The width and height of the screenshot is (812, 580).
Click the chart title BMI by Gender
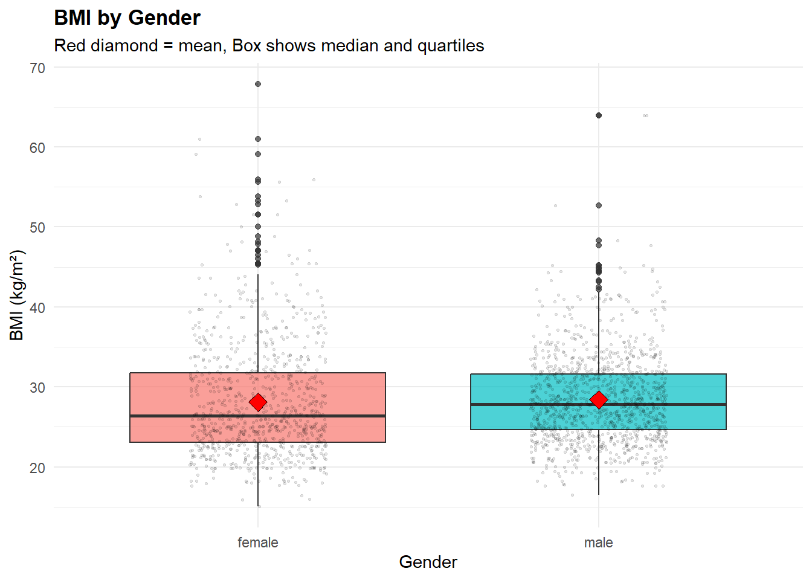click(127, 18)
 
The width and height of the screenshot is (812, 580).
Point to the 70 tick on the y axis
click(37, 68)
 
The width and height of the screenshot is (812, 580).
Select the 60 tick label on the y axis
click(37, 148)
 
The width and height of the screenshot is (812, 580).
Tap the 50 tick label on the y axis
click(37, 228)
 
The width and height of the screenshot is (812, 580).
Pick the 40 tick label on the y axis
click(37, 308)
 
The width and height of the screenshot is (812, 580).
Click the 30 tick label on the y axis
click(37, 387)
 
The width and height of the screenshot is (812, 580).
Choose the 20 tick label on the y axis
click(37, 468)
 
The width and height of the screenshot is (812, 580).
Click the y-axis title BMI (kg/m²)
click(17, 295)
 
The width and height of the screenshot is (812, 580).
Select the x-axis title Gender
click(428, 562)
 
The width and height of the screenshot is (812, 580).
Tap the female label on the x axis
click(258, 543)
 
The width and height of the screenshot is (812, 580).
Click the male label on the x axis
click(598, 543)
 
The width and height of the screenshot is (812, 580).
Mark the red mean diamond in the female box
click(258, 402)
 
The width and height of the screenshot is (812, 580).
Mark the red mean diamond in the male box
click(599, 400)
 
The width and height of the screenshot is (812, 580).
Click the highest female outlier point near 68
click(258, 84)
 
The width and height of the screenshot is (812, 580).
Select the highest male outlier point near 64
click(599, 115)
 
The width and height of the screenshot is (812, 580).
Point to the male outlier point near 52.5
click(599, 205)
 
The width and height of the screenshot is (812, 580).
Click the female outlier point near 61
click(258, 139)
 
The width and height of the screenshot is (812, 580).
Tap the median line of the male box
click(665, 404)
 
